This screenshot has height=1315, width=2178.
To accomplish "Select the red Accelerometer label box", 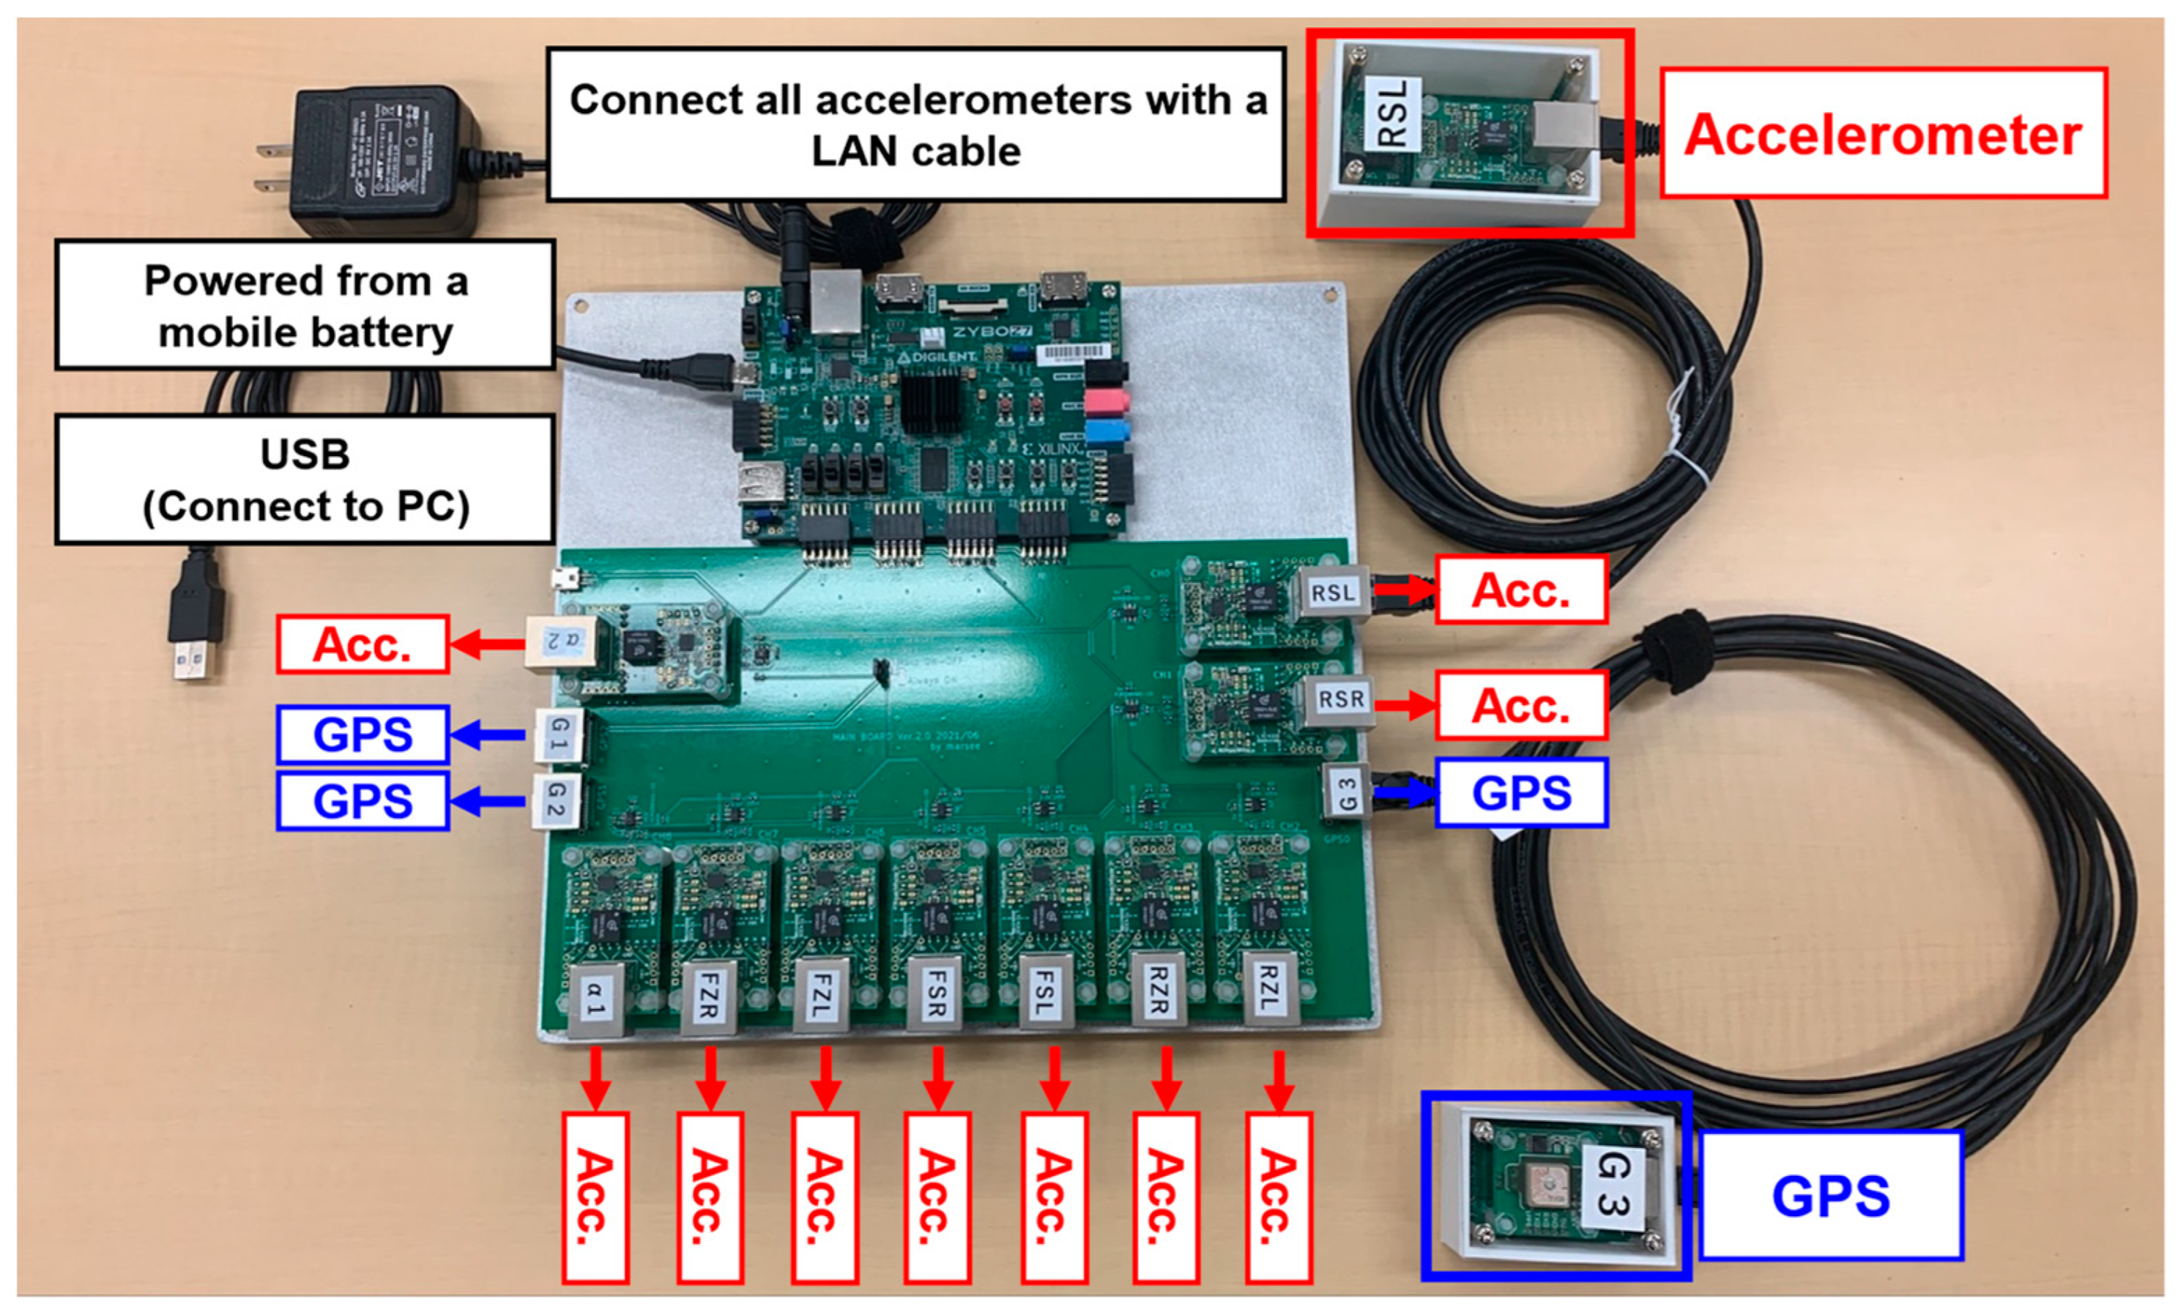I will click(1884, 133).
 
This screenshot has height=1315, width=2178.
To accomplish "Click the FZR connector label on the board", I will click(709, 996).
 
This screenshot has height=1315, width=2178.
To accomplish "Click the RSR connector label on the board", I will click(1341, 700).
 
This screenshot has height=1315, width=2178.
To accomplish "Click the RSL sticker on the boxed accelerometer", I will click(1392, 113).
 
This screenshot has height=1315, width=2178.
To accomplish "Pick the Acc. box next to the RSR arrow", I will click(1520, 705).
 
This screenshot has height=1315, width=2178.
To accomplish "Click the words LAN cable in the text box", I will click(915, 152).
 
